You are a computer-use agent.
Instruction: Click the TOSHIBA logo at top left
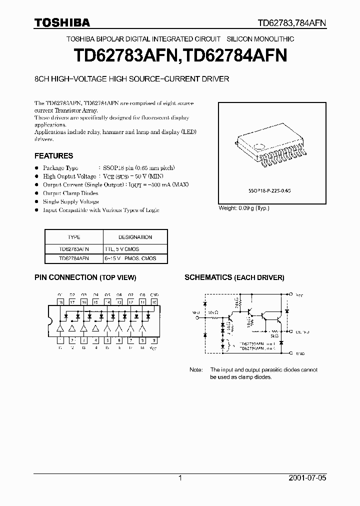pyautogui.click(x=62, y=22)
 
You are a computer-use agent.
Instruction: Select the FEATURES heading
pyautogui.click(x=53, y=155)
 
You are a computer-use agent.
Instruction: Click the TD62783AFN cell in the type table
pyautogui.click(x=73, y=248)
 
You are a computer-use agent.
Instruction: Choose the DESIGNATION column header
pyautogui.click(x=135, y=237)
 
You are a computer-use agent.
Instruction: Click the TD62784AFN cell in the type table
pyautogui.click(x=73, y=258)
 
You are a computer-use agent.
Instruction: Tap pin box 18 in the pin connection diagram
pyautogui.click(x=60, y=302)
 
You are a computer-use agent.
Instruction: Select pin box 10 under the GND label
pyautogui.click(x=154, y=302)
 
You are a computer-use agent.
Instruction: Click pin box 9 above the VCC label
pyautogui.click(x=154, y=340)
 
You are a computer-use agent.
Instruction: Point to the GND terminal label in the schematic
pyautogui.click(x=299, y=353)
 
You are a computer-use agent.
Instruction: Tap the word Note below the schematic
pyautogui.click(x=196, y=370)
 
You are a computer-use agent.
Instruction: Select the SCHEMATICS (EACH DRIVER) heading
pyautogui.click(x=234, y=277)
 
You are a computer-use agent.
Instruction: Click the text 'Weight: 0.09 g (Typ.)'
pyautogui.click(x=244, y=208)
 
